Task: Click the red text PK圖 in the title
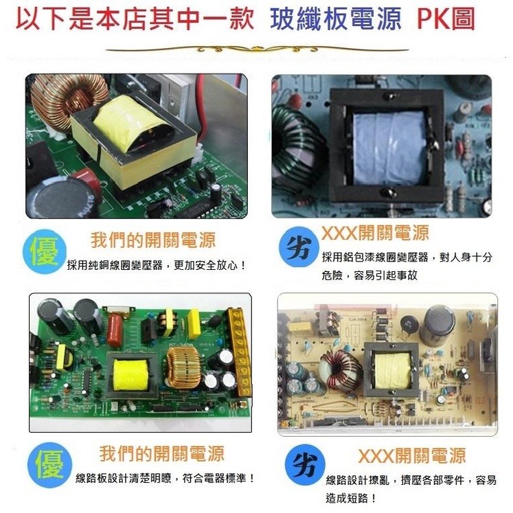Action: (x=446, y=19)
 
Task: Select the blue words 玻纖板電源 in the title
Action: (x=336, y=19)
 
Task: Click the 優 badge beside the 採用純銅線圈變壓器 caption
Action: (x=45, y=251)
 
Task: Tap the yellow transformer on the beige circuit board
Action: (x=390, y=368)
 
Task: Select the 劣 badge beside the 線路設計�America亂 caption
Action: (x=302, y=467)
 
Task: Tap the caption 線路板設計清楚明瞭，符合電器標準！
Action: (x=165, y=477)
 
